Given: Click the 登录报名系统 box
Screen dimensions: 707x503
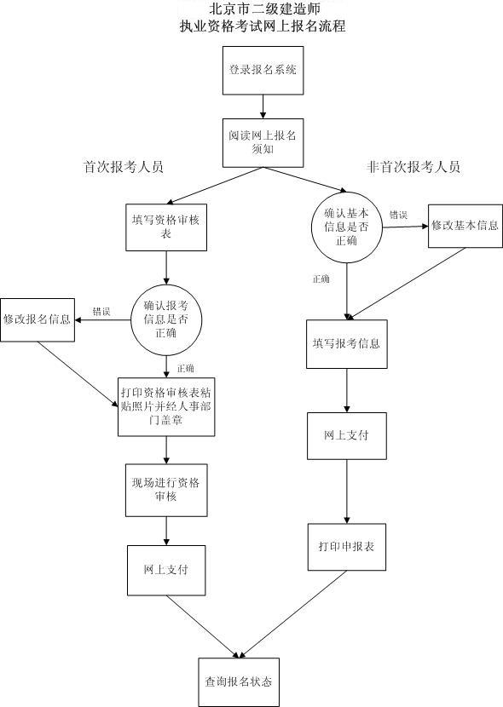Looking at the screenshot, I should tap(263, 70).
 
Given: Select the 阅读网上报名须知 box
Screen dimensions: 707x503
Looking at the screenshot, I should tap(263, 141).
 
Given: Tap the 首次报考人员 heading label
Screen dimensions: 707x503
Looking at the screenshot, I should tap(124, 167).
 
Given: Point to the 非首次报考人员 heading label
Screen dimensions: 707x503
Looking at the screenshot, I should tap(413, 167).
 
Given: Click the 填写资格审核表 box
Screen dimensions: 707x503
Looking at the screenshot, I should tap(165, 227).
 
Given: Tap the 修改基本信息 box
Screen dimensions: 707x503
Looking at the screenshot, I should tap(465, 226).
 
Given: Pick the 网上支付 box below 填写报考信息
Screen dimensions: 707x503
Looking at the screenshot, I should tap(347, 435).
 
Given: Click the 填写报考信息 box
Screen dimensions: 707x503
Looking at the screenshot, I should tap(347, 344).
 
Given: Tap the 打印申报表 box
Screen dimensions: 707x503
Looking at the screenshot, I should tap(347, 546).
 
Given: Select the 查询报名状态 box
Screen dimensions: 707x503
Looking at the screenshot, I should tap(238, 681).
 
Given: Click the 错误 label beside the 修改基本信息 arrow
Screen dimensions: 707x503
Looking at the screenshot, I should tap(398, 215).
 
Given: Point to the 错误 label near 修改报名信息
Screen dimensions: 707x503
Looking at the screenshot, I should tap(101, 312).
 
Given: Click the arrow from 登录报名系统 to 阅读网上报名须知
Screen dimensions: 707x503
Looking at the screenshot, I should tap(263, 105).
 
